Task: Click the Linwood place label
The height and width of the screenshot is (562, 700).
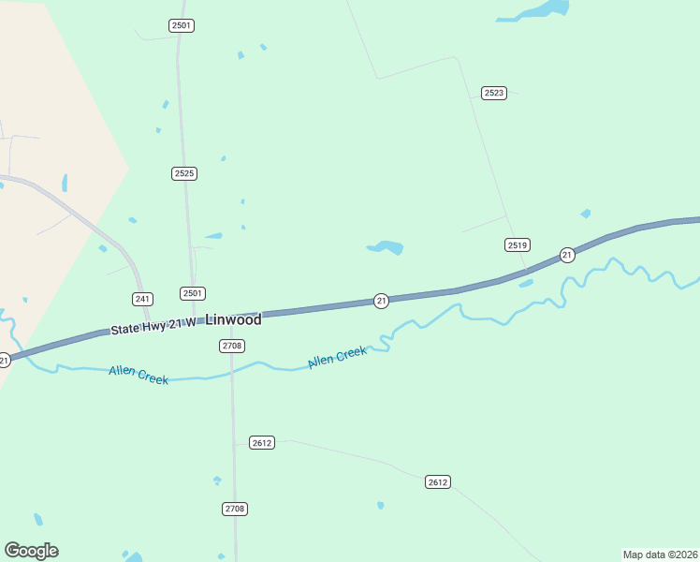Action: click(x=233, y=320)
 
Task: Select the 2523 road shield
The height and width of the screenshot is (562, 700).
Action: click(x=494, y=93)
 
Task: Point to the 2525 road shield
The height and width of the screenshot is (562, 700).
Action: click(x=184, y=173)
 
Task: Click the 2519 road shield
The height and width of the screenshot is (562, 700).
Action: click(x=518, y=244)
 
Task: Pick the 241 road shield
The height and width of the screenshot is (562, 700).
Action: click(x=142, y=299)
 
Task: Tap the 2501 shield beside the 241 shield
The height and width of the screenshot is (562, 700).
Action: click(x=193, y=293)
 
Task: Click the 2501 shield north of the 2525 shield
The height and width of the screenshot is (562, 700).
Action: click(x=182, y=25)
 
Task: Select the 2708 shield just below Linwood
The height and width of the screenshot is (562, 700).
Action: click(x=233, y=346)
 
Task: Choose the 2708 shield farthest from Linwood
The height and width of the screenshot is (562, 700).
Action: click(x=236, y=509)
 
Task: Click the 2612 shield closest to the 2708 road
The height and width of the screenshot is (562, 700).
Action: click(x=262, y=442)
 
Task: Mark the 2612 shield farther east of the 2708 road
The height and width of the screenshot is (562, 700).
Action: click(x=437, y=481)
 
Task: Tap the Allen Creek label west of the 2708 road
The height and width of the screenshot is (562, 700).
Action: click(x=139, y=375)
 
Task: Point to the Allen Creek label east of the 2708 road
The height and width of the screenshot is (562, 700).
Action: click(x=337, y=357)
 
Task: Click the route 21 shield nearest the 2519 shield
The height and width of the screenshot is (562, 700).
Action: click(x=567, y=255)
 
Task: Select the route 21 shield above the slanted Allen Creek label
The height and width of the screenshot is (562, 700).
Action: click(x=381, y=301)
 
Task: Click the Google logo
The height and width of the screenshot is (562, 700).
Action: click(x=32, y=551)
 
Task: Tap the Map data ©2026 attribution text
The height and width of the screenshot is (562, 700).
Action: click(x=660, y=555)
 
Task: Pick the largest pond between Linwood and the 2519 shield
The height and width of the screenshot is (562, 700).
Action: click(x=386, y=247)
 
